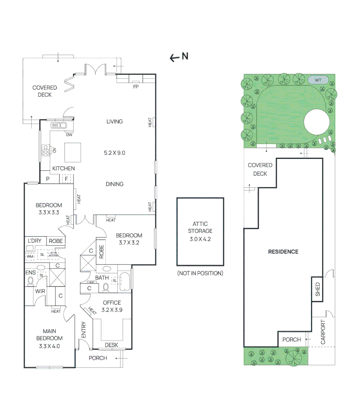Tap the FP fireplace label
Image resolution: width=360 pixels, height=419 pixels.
pyautogui.click(x=136, y=87)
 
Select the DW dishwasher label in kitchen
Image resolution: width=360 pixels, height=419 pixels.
pyautogui.click(x=69, y=135)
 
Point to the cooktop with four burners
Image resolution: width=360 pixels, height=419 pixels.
pyautogui.click(x=46, y=150)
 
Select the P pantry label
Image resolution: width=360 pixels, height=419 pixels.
pyautogui.click(x=48, y=179)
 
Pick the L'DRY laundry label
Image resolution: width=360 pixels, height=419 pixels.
pyautogui.click(x=34, y=241)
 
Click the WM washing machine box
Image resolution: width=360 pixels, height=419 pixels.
pyautogui.click(x=30, y=256)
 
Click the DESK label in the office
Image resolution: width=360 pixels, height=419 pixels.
pyautogui.click(x=112, y=345)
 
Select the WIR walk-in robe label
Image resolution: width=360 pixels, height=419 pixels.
pyautogui.click(x=40, y=291)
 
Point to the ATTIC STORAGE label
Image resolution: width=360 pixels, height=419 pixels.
pyautogui.click(x=200, y=227)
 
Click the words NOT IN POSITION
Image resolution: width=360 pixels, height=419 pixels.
pyautogui.click(x=200, y=273)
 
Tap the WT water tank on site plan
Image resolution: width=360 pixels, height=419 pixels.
pyautogui.click(x=319, y=80)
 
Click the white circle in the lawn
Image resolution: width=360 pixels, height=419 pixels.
pyautogui.click(x=317, y=122)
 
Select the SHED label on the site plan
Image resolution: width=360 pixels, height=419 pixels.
pyautogui.click(x=318, y=289)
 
